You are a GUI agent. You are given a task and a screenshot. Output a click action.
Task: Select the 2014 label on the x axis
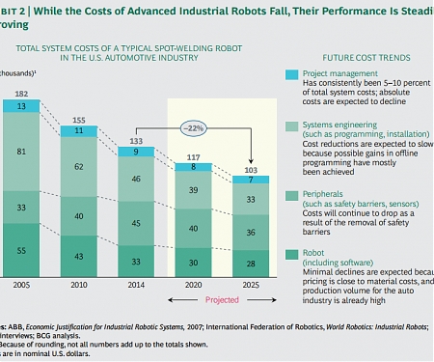pyautogui.click(x=136, y=286)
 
